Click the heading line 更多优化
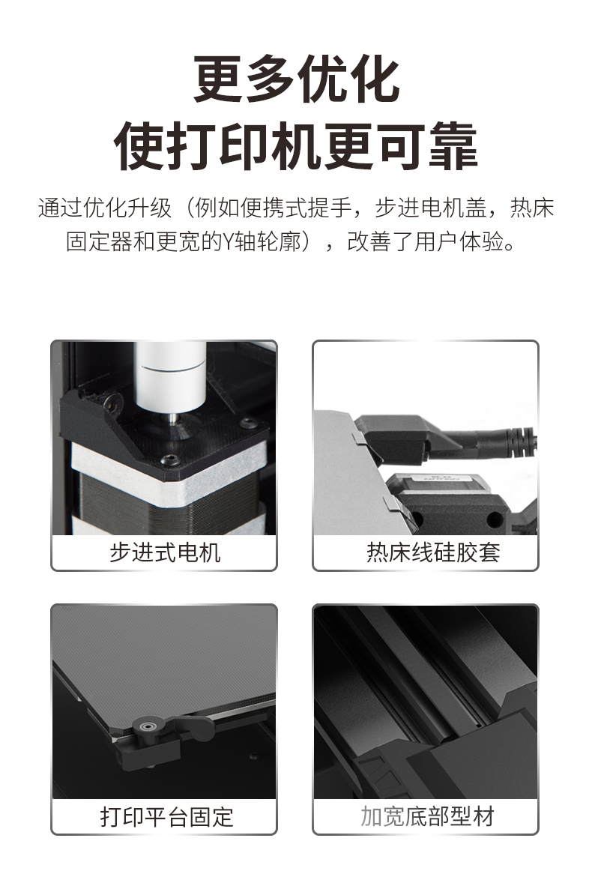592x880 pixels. (296, 79)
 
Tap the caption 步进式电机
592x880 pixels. (164, 552)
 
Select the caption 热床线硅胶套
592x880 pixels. (433, 552)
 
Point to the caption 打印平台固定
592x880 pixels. (166, 816)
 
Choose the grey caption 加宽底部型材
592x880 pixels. (427, 816)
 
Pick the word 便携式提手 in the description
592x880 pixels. (296, 208)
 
